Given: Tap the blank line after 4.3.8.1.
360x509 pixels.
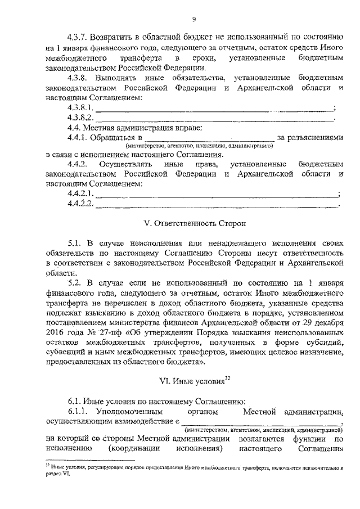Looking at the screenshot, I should coord(214,109).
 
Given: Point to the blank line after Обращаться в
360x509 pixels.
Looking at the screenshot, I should coord(209,138).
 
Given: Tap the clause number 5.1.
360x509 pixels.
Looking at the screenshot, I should coord(75,243).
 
